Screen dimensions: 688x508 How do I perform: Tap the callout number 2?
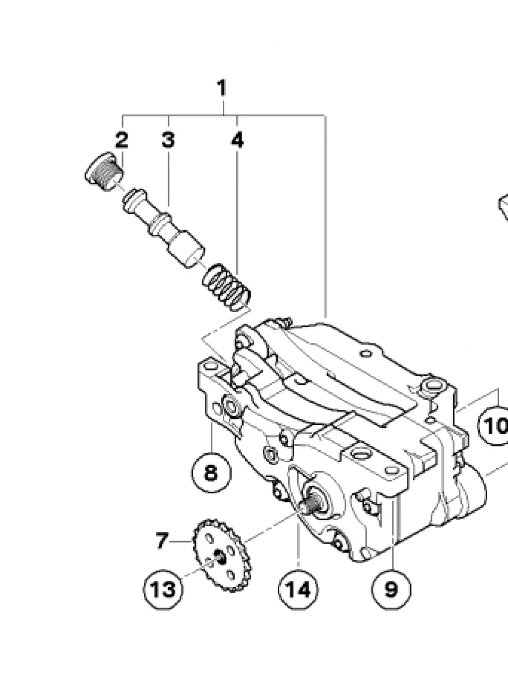(x=122, y=140)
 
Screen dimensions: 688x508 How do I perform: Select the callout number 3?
(x=168, y=140)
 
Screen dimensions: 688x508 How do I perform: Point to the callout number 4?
(x=238, y=140)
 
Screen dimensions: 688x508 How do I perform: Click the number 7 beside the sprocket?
(x=162, y=540)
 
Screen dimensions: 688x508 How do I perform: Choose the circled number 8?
(x=211, y=472)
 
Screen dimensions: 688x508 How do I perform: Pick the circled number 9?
(x=391, y=589)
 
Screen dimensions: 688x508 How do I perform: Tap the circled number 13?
(x=163, y=589)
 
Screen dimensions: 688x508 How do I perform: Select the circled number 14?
(x=299, y=589)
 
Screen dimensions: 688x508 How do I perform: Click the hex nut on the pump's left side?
(x=231, y=406)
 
